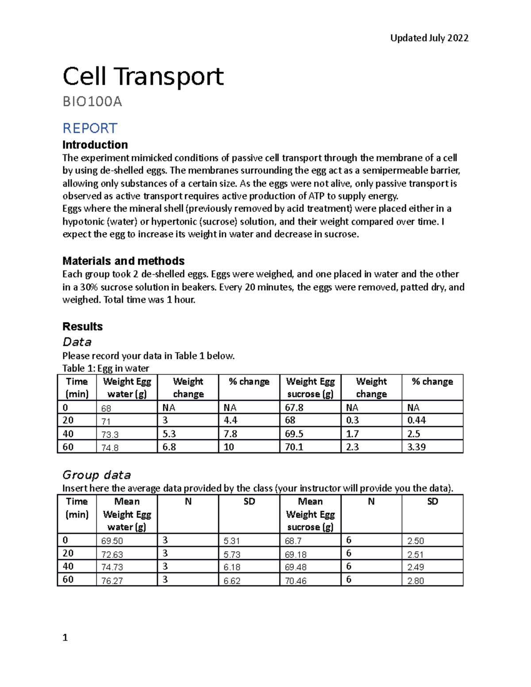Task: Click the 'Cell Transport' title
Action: coord(143,77)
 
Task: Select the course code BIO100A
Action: coord(92,102)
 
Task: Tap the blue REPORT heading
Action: coord(89,128)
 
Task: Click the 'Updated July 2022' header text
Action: coord(429,38)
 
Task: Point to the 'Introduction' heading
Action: coord(95,145)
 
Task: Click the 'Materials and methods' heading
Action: coord(123,261)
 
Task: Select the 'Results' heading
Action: coord(82,326)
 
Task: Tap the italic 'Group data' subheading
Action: coord(96,475)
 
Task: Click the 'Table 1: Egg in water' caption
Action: coord(105,368)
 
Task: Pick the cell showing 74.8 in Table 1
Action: coord(110,448)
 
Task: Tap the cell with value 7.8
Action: coord(230,434)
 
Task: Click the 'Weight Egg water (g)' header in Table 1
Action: coord(127,388)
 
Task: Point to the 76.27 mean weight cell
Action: coord(112,580)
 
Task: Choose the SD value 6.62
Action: coord(232,580)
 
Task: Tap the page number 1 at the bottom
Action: coord(65,637)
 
